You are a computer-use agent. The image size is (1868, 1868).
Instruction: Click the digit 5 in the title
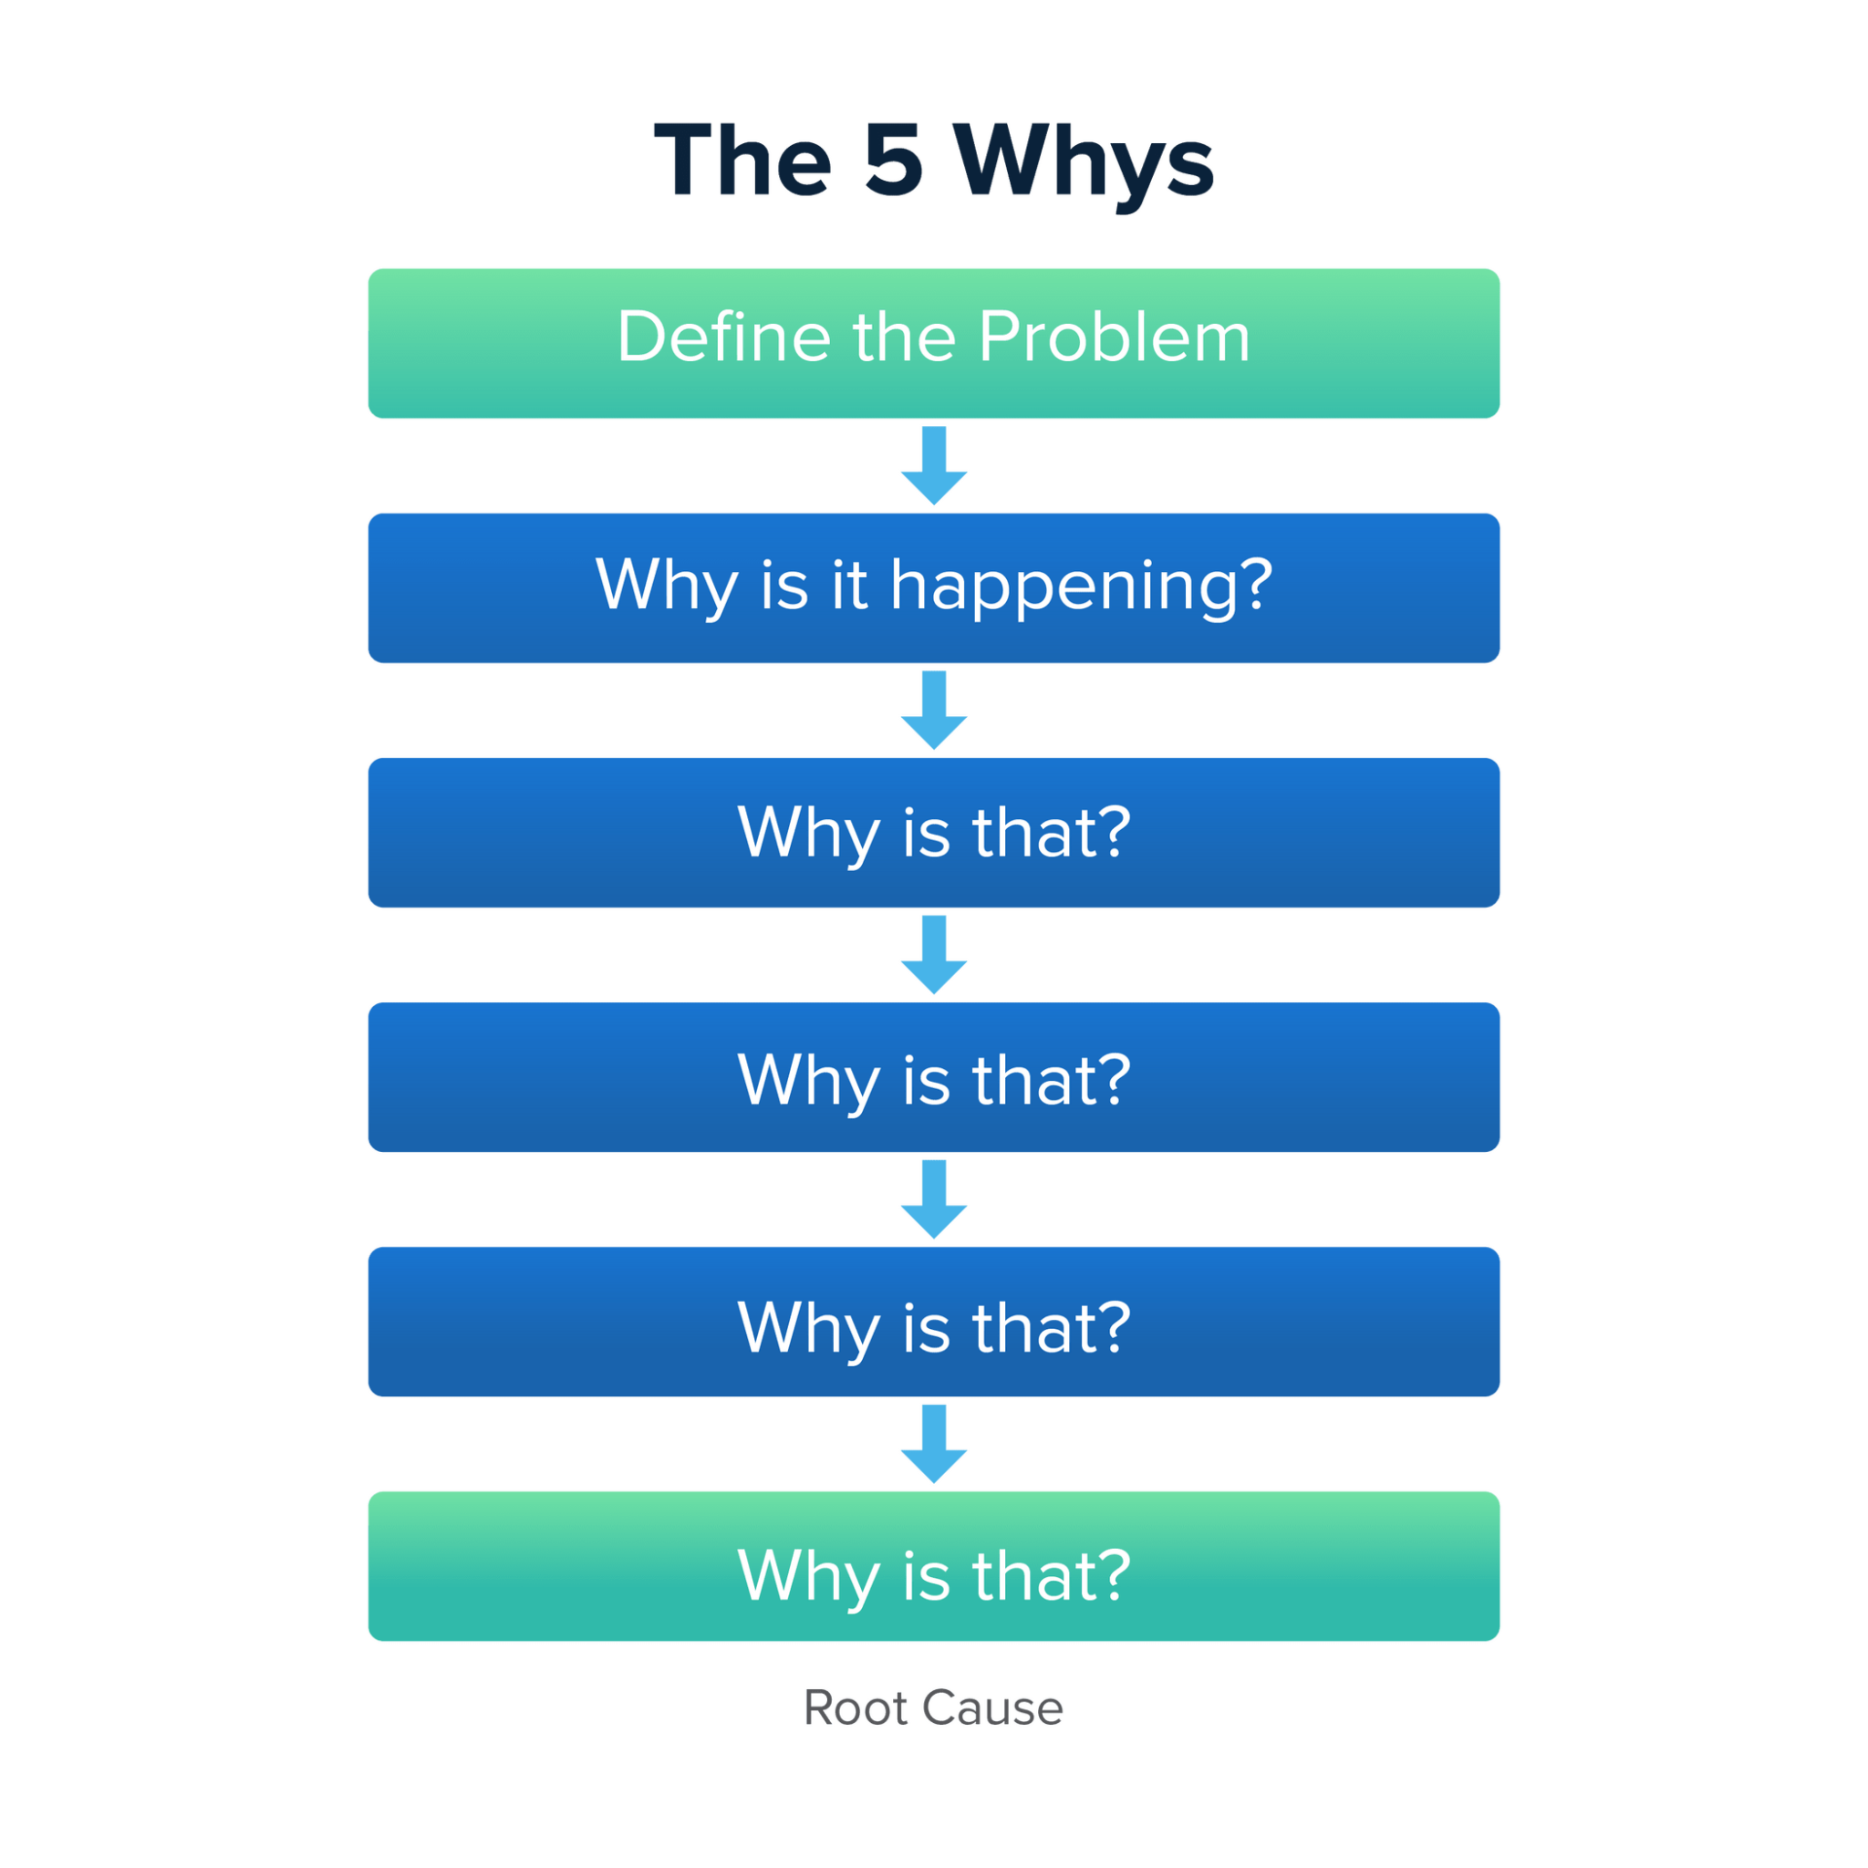pos(893,160)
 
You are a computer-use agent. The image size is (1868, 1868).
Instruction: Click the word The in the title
pos(742,160)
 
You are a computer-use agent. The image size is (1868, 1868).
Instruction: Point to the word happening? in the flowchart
pos(1081,586)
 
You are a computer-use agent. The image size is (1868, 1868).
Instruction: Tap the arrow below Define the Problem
pos(934,465)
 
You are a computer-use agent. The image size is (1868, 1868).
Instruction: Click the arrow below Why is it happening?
pos(934,710)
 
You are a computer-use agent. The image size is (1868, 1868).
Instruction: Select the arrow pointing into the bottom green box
pos(934,1444)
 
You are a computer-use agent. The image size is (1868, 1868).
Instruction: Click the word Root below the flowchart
pos(855,1707)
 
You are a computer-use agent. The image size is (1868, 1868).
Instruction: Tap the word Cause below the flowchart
pos(992,1707)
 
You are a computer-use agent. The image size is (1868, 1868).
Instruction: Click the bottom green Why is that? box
pos(934,1566)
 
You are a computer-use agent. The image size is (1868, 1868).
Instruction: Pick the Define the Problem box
pos(934,343)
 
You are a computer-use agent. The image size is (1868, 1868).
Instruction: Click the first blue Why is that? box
pos(934,833)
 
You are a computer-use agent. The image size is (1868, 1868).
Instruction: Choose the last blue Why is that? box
pos(934,1322)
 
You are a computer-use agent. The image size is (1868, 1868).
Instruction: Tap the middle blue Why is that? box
pos(934,1077)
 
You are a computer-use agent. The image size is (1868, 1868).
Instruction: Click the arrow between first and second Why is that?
pos(934,954)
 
